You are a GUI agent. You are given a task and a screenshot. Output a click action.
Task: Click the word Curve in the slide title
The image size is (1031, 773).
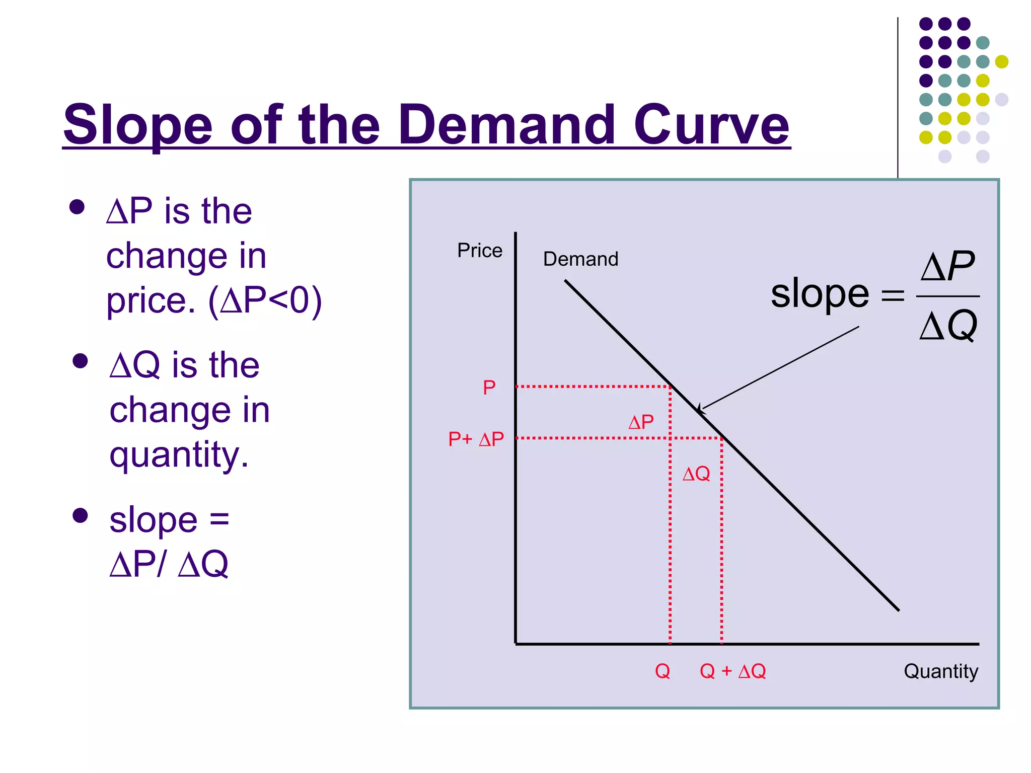[x=711, y=124]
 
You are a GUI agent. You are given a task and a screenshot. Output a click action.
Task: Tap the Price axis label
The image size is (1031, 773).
[x=479, y=250]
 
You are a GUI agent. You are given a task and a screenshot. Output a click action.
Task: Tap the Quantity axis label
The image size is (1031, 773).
[x=940, y=671]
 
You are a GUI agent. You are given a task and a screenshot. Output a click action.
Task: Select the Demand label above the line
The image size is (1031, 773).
[x=580, y=259]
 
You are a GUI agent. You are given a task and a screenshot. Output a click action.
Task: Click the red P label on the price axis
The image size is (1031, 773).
[x=489, y=388]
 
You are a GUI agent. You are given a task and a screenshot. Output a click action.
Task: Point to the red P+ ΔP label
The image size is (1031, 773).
[x=476, y=439]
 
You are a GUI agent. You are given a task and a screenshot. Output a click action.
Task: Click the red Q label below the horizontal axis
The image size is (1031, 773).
[x=662, y=671]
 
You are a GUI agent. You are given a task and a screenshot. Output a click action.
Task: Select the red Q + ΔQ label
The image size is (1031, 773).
[x=732, y=671]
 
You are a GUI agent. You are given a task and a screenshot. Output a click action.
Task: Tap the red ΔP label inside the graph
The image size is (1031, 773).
[x=641, y=422]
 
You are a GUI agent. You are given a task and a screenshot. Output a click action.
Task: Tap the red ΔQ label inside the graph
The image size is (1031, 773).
[x=696, y=474]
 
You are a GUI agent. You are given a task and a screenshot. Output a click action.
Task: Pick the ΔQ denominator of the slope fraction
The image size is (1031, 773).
[x=948, y=326]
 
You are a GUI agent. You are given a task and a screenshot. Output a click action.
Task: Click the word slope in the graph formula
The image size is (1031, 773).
[x=820, y=294]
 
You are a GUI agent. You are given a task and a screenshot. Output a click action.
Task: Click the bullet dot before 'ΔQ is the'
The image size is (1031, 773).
[x=80, y=361]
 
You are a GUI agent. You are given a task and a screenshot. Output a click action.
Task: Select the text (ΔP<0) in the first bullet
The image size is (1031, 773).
[x=265, y=301]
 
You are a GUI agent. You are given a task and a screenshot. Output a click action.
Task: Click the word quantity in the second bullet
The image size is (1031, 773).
[x=179, y=455]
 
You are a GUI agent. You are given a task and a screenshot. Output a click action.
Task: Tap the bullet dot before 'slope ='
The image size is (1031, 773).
[x=80, y=515]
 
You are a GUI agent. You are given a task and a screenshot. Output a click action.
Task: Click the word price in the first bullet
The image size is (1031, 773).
[x=150, y=301]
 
